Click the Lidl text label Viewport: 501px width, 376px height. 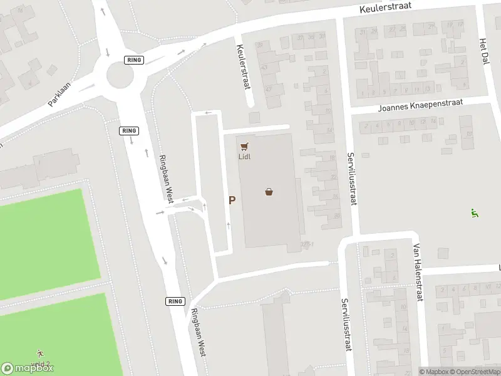click(x=244, y=157)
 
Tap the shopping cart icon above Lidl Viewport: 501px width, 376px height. click(x=244, y=146)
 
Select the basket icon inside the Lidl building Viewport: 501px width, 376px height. click(x=269, y=192)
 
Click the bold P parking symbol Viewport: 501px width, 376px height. click(x=232, y=201)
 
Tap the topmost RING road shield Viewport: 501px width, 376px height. click(x=135, y=60)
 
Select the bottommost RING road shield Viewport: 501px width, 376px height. click(x=175, y=301)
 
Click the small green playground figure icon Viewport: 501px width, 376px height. click(x=474, y=213)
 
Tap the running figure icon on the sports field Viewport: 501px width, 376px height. click(x=41, y=353)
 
